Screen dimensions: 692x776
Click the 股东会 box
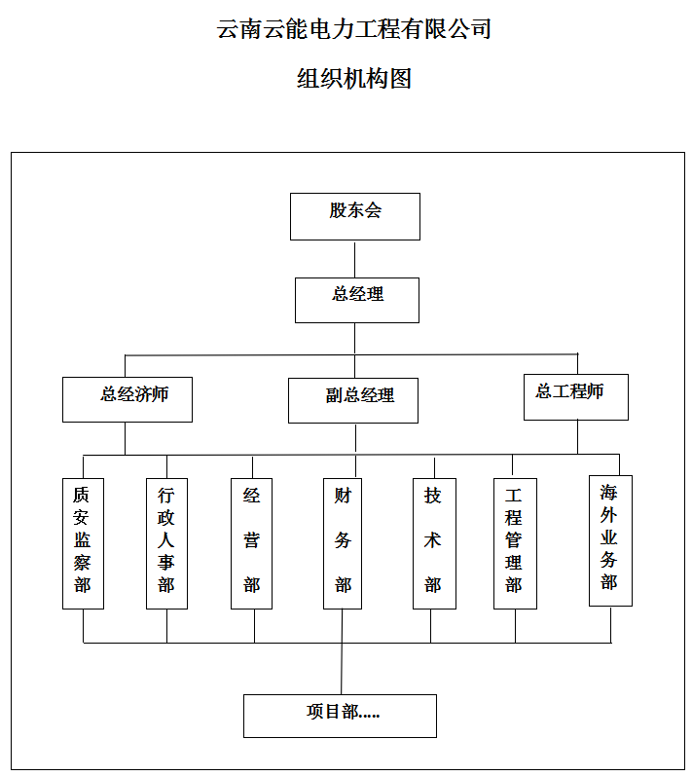(354, 217)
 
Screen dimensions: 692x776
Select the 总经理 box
(356, 301)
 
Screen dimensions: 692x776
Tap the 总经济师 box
(127, 400)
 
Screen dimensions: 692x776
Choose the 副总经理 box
(353, 401)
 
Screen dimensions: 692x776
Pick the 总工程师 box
(576, 397)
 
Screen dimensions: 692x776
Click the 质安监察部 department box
(83, 543)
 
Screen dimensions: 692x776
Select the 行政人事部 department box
(166, 543)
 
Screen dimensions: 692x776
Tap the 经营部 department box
(251, 543)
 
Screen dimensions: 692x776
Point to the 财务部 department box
(343, 543)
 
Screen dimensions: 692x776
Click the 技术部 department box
(434, 543)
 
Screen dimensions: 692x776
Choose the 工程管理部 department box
(515, 543)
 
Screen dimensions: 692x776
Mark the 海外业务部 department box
(610, 541)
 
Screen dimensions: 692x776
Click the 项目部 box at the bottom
(340, 716)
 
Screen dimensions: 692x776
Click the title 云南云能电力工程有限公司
(353, 28)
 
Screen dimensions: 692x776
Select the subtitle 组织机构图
(354, 78)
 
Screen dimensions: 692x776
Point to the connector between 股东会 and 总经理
(354, 259)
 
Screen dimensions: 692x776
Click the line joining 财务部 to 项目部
(342, 651)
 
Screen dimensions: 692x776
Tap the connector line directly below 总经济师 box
(125, 438)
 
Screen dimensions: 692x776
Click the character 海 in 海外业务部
(609, 493)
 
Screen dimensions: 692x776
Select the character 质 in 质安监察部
(82, 495)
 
